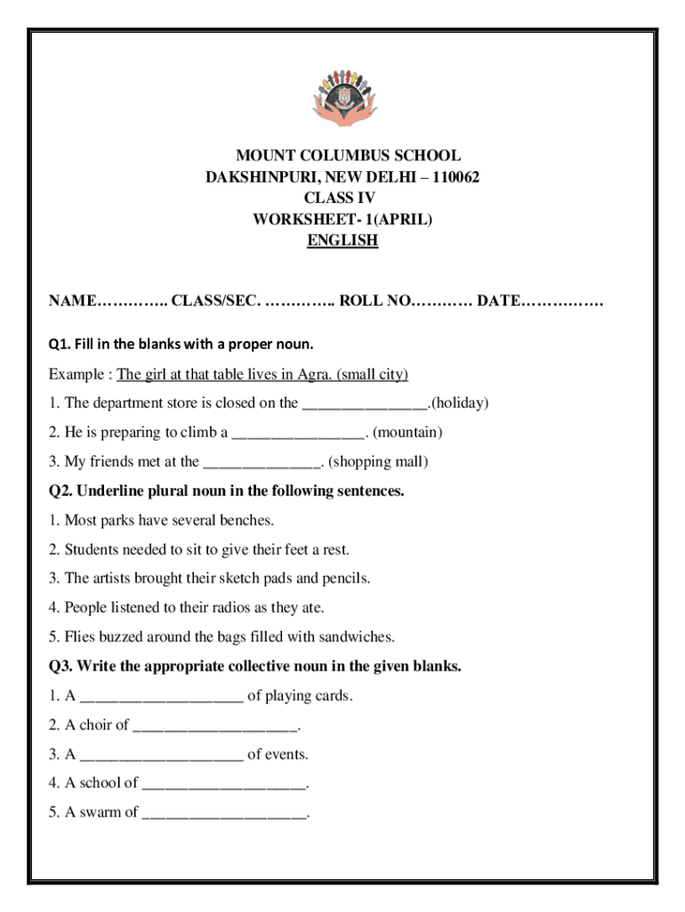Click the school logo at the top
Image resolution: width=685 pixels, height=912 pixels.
(342, 99)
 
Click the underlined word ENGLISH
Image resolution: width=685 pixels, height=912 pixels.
(342, 240)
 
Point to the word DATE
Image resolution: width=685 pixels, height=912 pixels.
(498, 301)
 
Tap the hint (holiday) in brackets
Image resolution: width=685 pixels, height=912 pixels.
(459, 403)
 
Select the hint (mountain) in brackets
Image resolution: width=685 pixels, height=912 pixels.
(407, 433)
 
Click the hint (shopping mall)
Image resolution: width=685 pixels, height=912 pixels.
(378, 462)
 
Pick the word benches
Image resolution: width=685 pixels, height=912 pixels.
(246, 520)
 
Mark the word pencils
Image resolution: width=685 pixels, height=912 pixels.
(344, 579)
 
